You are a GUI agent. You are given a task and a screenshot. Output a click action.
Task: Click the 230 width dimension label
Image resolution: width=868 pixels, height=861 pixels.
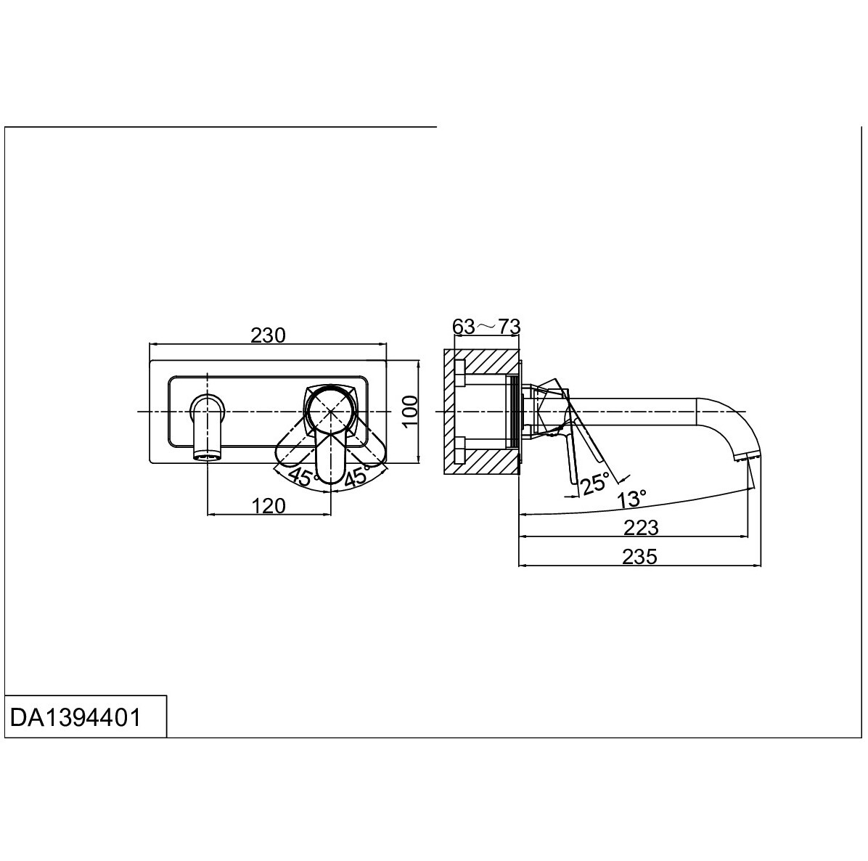pos(268,335)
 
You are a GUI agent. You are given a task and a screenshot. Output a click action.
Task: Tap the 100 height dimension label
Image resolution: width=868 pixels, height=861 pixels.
pos(409,411)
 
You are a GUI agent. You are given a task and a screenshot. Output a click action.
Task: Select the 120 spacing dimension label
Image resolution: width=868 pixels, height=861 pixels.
pos(269,505)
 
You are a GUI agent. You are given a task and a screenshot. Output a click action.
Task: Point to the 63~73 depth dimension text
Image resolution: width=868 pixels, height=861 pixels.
pos(486,326)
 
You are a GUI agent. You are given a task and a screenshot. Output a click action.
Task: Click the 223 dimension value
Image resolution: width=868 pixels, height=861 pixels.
pos(641,528)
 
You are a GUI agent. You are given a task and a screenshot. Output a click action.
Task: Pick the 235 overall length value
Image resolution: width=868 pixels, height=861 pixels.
pos(639,557)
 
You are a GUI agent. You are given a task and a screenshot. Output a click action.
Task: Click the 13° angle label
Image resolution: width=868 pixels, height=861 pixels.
pos(631,498)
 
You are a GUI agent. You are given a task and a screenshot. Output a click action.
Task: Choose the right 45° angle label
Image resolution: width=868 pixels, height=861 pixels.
pos(358,477)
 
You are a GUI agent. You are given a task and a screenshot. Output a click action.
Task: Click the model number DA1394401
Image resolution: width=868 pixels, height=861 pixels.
pos(75,717)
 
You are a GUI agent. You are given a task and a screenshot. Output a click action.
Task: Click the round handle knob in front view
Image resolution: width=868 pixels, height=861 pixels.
pos(330,410)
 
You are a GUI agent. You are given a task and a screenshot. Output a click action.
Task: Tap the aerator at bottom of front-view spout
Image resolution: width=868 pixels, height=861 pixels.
pos(208,456)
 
